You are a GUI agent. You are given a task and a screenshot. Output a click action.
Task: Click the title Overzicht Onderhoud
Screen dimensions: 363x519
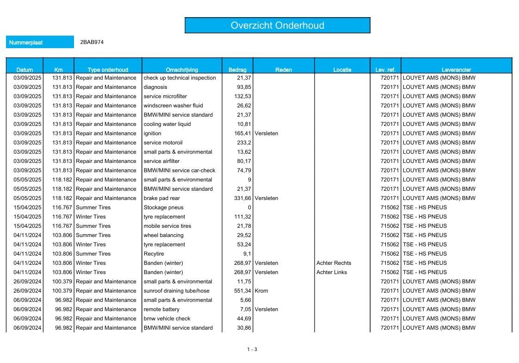(x=277, y=25)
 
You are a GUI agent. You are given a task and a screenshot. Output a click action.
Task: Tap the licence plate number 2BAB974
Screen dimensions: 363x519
(x=92, y=42)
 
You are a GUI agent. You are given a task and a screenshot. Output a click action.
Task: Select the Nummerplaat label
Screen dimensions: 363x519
(x=26, y=42)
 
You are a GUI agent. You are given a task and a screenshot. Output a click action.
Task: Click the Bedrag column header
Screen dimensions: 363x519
(x=237, y=70)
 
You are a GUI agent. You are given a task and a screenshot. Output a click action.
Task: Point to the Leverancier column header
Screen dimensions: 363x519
(x=456, y=70)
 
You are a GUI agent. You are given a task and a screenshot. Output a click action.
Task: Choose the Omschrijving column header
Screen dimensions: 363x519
(x=182, y=70)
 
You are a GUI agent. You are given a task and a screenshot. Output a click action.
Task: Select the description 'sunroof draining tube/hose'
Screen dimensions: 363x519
(x=177, y=291)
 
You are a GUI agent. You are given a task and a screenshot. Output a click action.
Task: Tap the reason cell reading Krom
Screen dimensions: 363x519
(x=261, y=291)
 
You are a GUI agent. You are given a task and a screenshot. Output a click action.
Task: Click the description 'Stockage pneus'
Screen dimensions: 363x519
(x=163, y=207)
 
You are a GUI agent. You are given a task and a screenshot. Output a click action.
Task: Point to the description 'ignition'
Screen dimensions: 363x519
(x=153, y=133)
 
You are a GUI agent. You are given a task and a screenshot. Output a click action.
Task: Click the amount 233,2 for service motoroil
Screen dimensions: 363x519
(x=244, y=143)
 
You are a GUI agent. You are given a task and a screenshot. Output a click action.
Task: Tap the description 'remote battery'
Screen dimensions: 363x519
(x=161, y=309)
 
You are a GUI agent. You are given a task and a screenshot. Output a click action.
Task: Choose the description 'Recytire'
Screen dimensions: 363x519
(x=154, y=254)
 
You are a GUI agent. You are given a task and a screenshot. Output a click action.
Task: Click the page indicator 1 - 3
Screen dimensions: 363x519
(x=252, y=350)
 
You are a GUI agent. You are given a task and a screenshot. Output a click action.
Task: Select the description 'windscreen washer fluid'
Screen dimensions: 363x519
(x=173, y=106)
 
